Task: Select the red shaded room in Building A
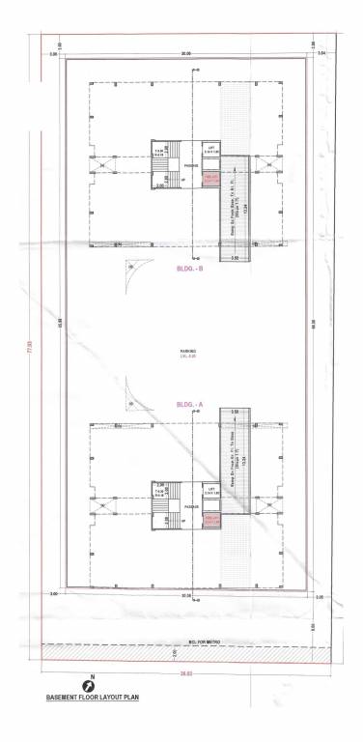(x=212, y=521)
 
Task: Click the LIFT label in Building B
(x=212, y=148)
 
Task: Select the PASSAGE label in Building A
(x=190, y=506)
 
